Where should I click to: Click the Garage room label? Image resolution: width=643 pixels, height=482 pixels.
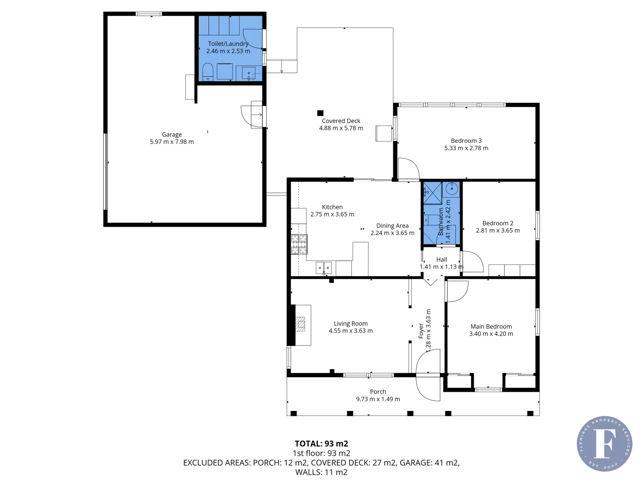point(172,134)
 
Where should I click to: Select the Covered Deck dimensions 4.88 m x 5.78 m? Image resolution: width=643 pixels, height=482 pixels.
point(341,128)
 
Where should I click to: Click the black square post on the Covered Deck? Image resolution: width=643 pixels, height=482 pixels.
point(320,113)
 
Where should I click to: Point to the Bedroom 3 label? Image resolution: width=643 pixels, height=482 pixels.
point(466,141)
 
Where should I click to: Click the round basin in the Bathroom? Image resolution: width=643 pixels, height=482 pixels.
point(452,189)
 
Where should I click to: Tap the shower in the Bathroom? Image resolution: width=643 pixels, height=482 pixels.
point(432,193)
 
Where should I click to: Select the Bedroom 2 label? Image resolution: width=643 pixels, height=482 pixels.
point(498,223)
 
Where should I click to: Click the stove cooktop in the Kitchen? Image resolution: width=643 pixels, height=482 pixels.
point(299,244)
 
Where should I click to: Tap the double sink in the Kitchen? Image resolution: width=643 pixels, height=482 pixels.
point(324,268)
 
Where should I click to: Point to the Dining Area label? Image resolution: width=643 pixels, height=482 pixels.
point(392,226)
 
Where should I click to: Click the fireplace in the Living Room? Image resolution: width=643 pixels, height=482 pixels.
point(301,324)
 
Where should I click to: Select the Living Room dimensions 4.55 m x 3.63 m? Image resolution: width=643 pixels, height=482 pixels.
point(351,331)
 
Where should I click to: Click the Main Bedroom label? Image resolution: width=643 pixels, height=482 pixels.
point(491,327)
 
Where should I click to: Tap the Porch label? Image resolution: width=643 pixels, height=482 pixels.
point(378,392)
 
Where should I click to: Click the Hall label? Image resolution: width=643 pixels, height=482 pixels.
point(442,259)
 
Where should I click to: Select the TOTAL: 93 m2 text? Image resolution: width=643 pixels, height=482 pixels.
point(321,444)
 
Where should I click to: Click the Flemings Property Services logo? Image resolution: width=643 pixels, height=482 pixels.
point(604,444)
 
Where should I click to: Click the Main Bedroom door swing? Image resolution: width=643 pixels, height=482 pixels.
point(457,291)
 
